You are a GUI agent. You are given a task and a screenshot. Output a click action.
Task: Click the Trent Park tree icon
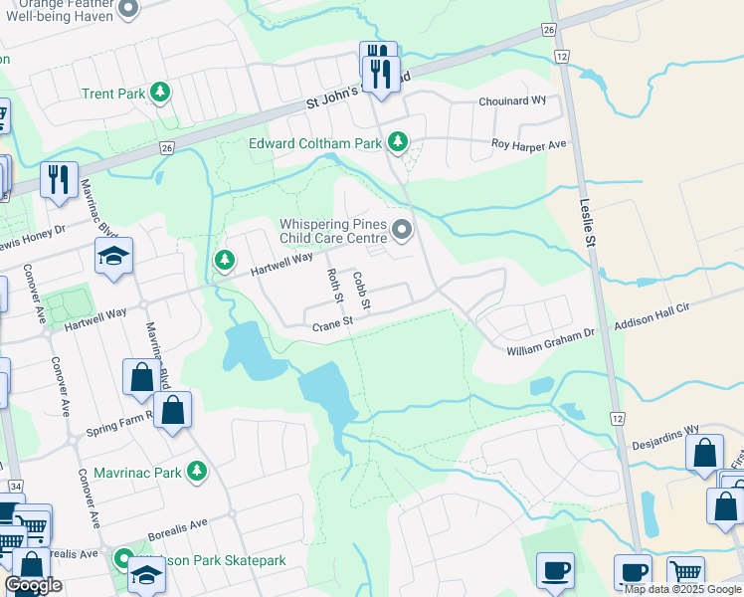pos(159,94)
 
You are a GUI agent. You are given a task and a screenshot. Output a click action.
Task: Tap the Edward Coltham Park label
pos(314,143)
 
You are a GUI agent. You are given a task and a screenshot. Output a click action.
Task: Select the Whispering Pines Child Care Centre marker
pos(402,231)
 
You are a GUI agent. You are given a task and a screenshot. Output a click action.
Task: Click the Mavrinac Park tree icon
pos(198,472)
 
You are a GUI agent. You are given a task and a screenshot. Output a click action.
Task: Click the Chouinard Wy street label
pos(513,100)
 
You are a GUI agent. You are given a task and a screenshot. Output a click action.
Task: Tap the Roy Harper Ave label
pos(529,144)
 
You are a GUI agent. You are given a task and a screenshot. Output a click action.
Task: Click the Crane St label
pos(333,323)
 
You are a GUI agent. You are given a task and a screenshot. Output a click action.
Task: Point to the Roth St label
pos(335,287)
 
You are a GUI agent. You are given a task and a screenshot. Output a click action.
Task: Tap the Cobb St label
pos(361,290)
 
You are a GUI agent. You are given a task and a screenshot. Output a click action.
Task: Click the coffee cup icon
pos(555,571)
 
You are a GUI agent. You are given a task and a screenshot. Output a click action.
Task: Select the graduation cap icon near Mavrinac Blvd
pos(113,256)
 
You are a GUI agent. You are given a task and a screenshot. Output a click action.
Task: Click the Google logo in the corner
pos(33,585)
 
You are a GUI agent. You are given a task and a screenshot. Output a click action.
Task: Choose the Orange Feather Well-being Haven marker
pos(127,10)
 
